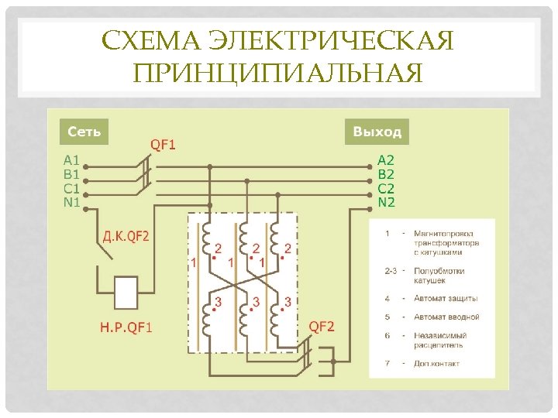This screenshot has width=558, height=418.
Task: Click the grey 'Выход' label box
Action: click(x=377, y=132)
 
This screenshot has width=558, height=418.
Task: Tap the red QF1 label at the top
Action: click(x=163, y=144)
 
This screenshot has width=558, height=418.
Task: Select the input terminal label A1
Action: click(x=71, y=161)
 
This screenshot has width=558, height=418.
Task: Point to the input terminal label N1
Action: click(x=71, y=203)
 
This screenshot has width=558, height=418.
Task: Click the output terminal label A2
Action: click(x=385, y=160)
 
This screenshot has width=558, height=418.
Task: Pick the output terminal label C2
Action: click(x=385, y=188)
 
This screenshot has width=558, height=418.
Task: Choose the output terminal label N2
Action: click(x=386, y=202)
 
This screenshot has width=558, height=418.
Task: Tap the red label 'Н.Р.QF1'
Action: click(x=126, y=327)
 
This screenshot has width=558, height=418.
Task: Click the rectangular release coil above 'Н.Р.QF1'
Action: click(x=126, y=294)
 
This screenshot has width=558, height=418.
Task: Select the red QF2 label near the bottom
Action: click(x=322, y=327)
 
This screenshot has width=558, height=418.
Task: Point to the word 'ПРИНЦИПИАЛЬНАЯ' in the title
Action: click(x=278, y=74)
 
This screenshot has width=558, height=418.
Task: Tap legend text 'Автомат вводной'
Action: click(x=446, y=317)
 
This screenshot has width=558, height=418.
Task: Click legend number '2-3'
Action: click(x=391, y=271)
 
